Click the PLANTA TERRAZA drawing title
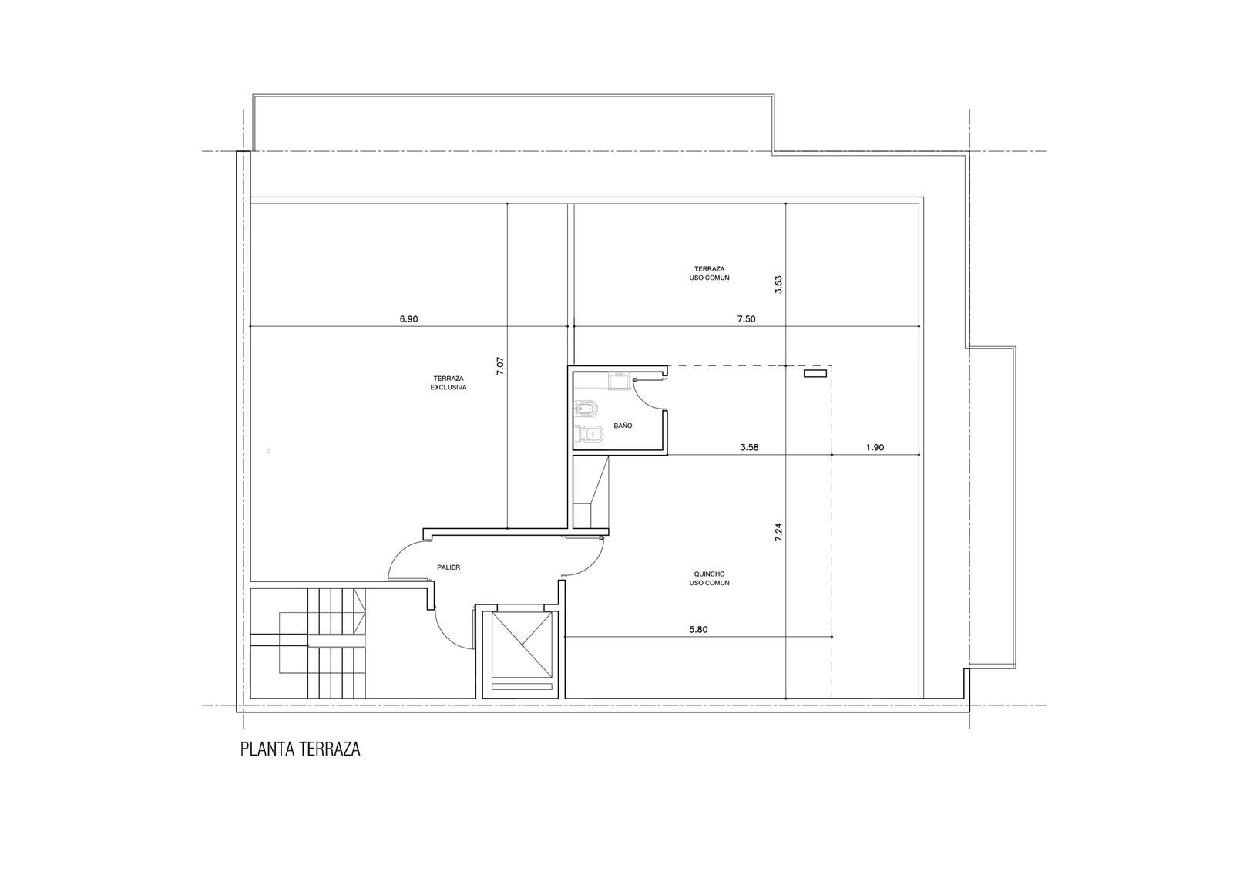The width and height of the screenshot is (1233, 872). click(x=300, y=749)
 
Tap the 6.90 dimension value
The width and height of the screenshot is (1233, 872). click(x=408, y=319)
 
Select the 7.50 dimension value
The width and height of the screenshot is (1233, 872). click(x=746, y=319)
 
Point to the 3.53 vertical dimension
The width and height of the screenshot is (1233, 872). click(x=778, y=284)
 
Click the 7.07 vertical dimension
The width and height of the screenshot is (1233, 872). click(x=500, y=366)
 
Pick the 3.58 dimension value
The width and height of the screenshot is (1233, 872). click(x=749, y=447)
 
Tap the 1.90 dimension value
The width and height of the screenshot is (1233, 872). click(x=875, y=447)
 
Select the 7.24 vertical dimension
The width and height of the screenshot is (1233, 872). click(x=778, y=532)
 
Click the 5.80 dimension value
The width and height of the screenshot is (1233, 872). click(x=698, y=630)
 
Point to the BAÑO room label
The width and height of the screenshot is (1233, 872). click(x=623, y=426)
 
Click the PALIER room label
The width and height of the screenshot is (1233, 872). click(x=449, y=567)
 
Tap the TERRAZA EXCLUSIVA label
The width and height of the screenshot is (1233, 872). click(x=449, y=383)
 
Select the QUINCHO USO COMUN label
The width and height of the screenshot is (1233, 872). click(x=709, y=578)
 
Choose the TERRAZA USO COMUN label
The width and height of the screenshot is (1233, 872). click(x=709, y=273)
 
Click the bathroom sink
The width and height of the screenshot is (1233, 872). click(x=619, y=381)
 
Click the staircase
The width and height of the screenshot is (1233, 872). click(x=307, y=643)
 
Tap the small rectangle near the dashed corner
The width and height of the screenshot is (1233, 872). click(x=815, y=373)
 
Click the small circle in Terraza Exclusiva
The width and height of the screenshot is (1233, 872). click(x=269, y=451)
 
